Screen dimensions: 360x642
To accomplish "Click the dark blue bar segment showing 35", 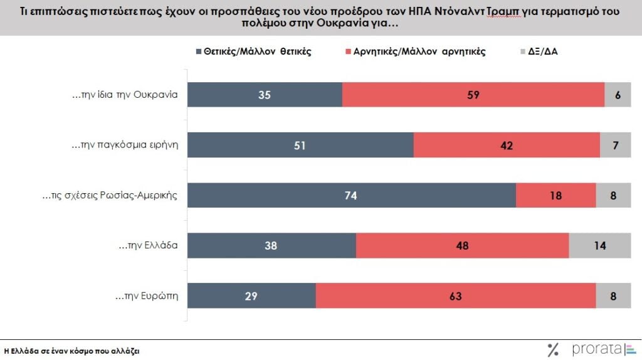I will (265, 95).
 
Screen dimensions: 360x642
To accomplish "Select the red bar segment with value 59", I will (473, 95).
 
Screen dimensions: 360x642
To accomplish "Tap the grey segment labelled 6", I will (617, 95).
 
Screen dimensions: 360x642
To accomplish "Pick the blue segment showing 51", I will (301, 145).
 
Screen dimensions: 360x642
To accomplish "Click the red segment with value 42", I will (507, 145).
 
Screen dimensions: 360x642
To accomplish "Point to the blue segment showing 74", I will (352, 195).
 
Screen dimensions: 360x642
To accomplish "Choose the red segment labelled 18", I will (555, 195).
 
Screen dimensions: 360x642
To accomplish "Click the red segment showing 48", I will (462, 245).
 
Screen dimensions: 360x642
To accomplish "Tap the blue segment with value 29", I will (252, 295).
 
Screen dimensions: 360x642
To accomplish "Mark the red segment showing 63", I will (456, 295).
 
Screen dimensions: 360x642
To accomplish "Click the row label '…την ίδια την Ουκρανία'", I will (125, 95).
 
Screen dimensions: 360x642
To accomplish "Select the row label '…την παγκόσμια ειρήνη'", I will (125, 146).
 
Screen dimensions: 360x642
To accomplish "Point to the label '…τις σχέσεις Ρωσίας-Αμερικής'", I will (110, 196).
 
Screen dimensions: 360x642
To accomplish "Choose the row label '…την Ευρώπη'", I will (147, 296).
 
